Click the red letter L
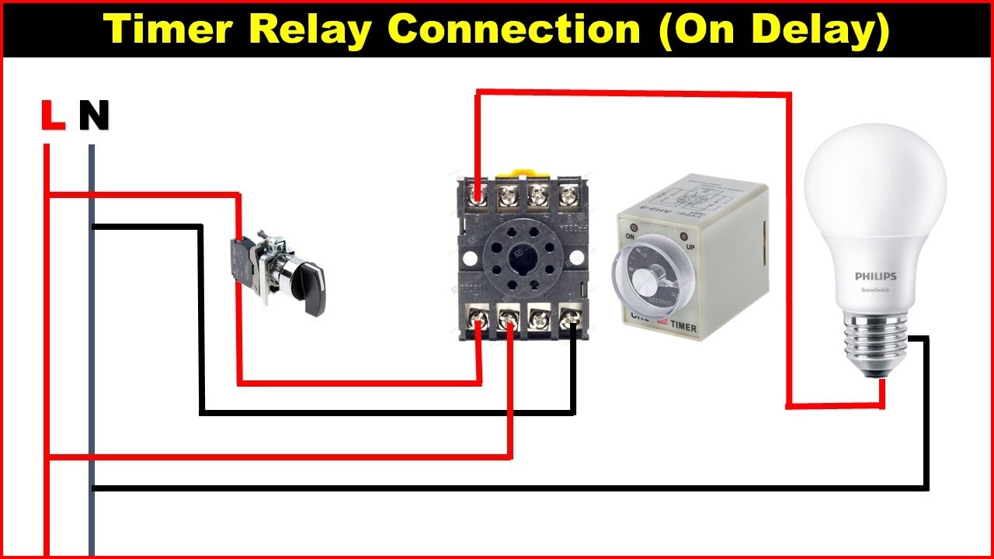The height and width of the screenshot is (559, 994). pyautogui.click(x=52, y=116)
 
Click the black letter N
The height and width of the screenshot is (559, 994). pyautogui.click(x=94, y=116)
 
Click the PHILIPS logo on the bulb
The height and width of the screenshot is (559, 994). pyautogui.click(x=875, y=276)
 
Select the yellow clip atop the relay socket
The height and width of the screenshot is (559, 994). pyautogui.click(x=519, y=172)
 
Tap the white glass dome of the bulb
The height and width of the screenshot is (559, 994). pyautogui.click(x=875, y=194)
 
